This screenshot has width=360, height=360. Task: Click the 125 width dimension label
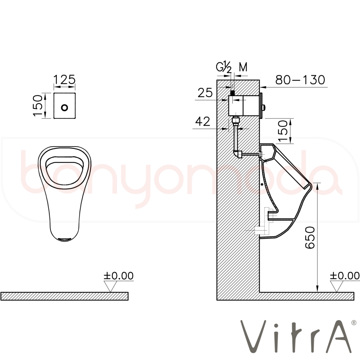pos(64,80)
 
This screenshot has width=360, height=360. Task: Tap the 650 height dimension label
pos(310,238)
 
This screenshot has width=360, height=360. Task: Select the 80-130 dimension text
pos(300,80)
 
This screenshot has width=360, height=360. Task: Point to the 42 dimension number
pos(203,121)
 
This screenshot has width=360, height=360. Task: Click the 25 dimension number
pos(205,93)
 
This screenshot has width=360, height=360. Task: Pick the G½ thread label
pos(224,68)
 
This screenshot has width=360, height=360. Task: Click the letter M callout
pos(243,67)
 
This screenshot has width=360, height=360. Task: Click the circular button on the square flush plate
pos(65,107)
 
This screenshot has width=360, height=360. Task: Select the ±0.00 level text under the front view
pos(118,276)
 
